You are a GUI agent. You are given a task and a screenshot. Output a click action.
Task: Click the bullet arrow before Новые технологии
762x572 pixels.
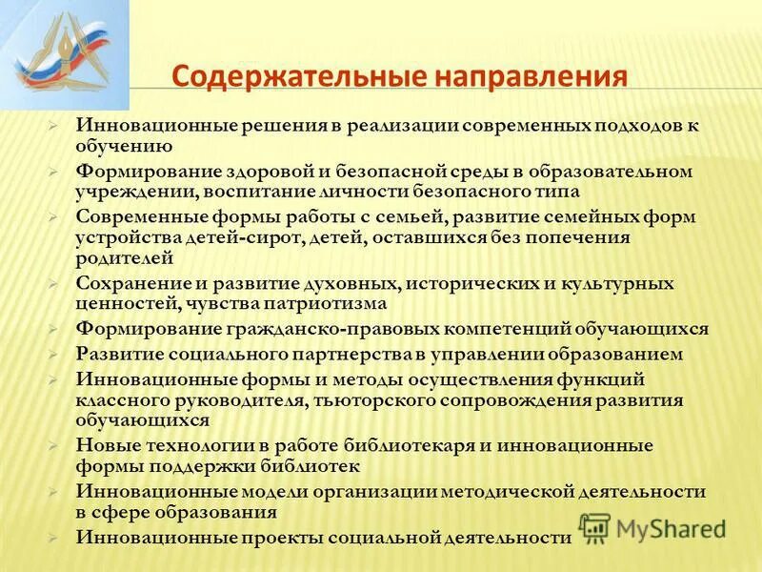coord(56,445)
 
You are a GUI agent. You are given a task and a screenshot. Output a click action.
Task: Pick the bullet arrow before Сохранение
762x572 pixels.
coord(56,283)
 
